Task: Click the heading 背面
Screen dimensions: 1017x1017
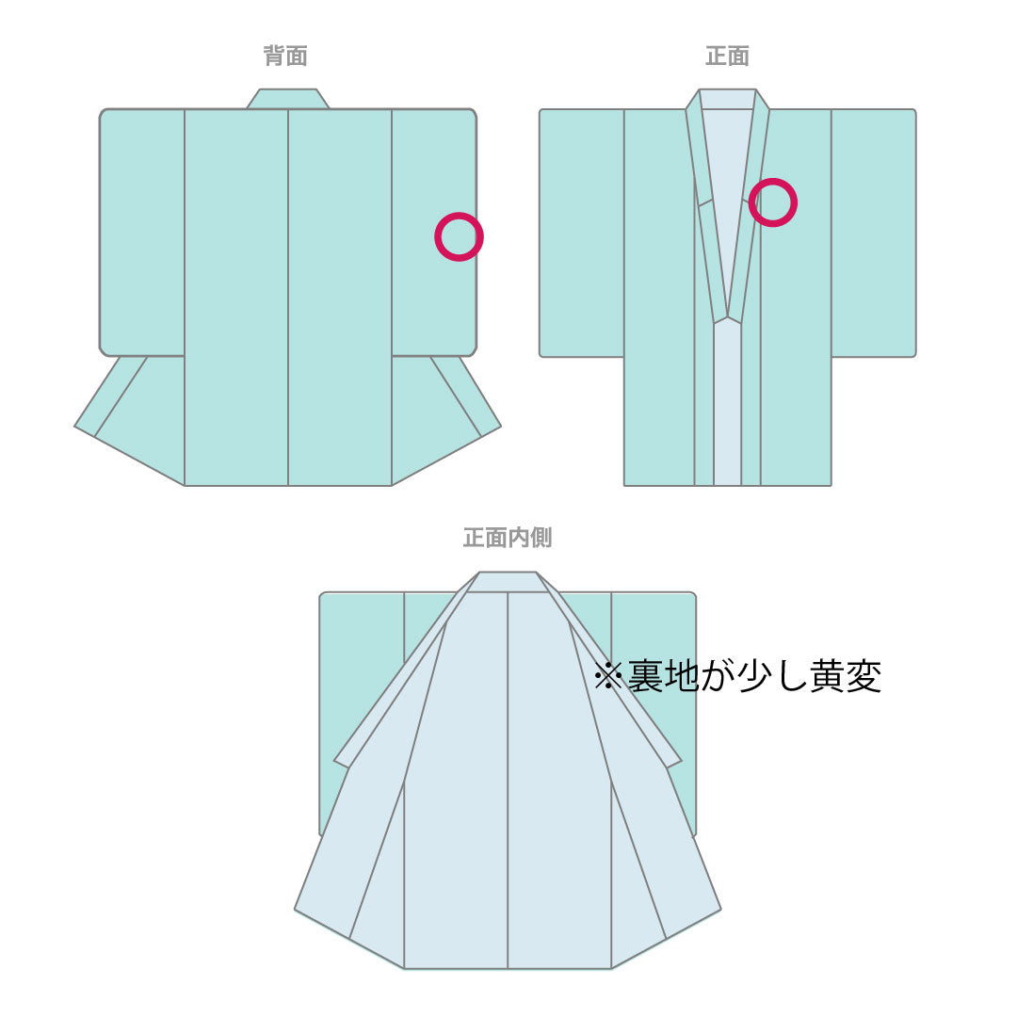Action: (285, 56)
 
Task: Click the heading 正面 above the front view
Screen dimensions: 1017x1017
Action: (727, 56)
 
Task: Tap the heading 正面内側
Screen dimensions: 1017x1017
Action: (508, 537)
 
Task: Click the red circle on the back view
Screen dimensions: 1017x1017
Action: (459, 236)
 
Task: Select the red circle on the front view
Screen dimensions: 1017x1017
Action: (772, 202)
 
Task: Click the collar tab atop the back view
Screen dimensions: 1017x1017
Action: (287, 99)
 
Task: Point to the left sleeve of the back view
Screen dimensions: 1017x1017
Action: (142, 233)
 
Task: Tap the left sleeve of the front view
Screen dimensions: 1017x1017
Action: (582, 233)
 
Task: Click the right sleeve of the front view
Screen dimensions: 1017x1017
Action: (874, 233)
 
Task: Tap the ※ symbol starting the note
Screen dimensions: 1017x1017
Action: (608, 676)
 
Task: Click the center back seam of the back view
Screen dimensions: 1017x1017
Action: (288, 297)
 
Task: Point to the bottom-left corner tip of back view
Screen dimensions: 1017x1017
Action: (74, 427)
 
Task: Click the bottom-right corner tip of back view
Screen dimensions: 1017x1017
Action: (501, 427)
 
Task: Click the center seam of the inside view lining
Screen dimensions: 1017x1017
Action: (508, 781)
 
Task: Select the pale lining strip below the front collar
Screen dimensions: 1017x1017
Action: (727, 402)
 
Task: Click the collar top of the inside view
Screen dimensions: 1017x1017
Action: (508, 582)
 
